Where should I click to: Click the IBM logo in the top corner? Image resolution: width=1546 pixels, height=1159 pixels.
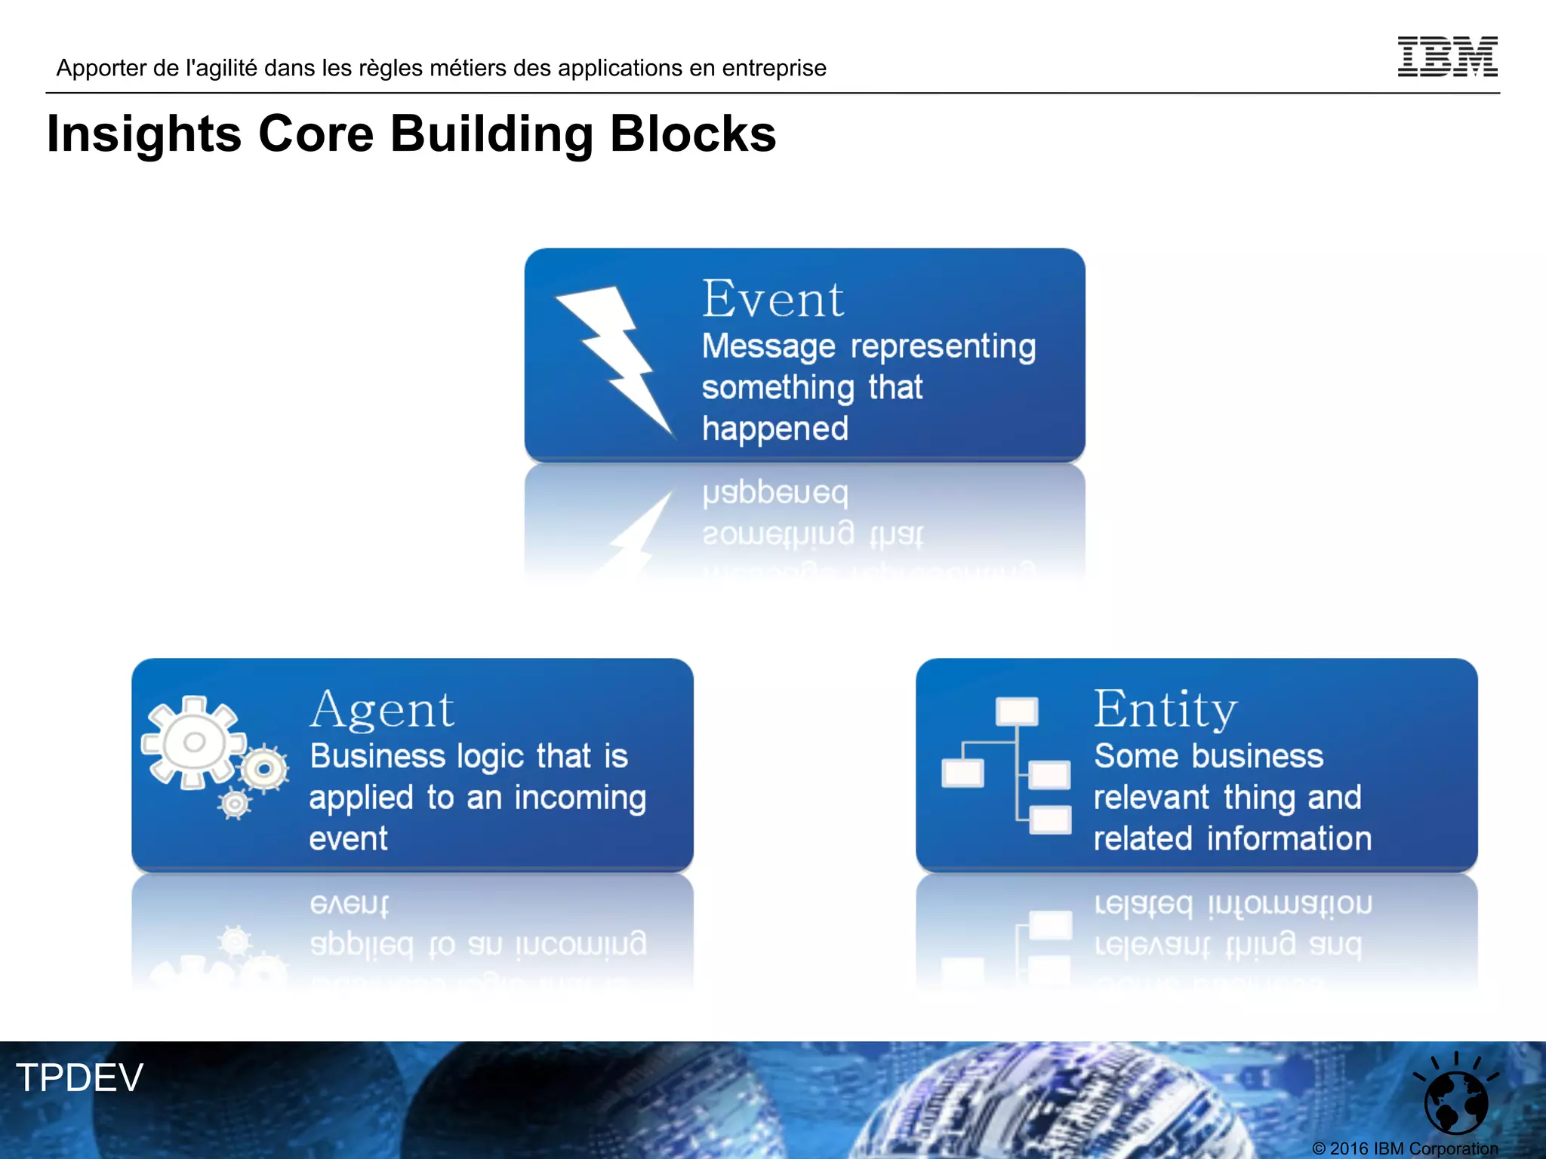(x=1447, y=57)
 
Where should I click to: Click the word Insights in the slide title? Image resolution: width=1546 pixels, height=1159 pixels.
(x=143, y=134)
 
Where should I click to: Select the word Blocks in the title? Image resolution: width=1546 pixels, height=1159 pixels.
(x=692, y=134)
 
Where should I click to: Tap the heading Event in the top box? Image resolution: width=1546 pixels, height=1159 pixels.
(x=772, y=300)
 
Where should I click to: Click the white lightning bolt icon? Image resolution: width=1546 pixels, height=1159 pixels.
(x=617, y=358)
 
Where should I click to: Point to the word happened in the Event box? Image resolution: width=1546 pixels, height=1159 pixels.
(x=775, y=429)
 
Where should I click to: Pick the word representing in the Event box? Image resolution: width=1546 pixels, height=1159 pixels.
(x=943, y=347)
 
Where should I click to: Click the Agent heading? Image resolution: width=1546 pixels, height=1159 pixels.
(x=382, y=710)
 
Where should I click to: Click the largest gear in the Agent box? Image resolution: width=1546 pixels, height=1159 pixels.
(x=193, y=742)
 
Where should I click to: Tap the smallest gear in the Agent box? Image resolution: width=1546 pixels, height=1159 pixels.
(x=235, y=804)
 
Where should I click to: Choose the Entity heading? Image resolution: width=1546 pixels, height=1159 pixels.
(x=1166, y=710)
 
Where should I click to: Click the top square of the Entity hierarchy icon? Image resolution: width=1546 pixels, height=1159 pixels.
(x=1016, y=711)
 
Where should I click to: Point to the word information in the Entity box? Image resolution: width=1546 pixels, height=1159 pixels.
(x=1289, y=839)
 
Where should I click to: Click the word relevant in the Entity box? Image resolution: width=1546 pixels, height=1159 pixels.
(x=1152, y=798)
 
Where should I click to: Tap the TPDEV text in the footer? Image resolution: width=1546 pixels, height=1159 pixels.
(x=79, y=1078)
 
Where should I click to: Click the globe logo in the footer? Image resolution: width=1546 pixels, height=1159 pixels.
(x=1455, y=1100)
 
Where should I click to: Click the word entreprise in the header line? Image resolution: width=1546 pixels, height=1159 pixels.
(x=774, y=69)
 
